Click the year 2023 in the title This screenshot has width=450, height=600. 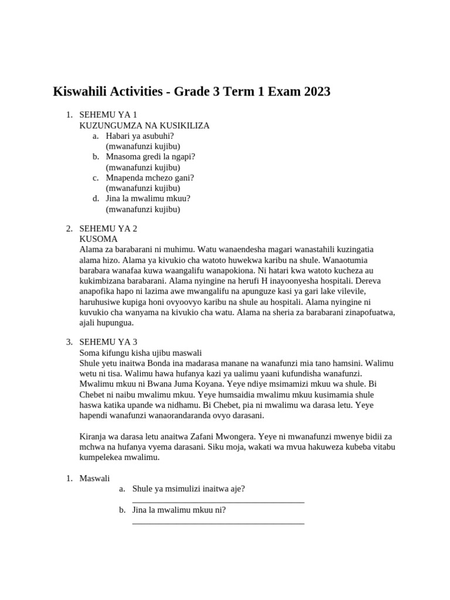[314, 91]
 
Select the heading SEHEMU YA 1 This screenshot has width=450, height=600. [108, 115]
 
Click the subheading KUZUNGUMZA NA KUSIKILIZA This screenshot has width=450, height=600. [144, 125]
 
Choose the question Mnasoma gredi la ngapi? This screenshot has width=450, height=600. [151, 156]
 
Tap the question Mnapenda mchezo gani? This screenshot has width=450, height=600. [150, 178]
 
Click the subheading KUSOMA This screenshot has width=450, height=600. [98, 239]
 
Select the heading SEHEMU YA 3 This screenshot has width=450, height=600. [108, 342]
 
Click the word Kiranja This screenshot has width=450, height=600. [93, 437]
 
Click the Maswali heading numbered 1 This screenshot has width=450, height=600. [94, 479]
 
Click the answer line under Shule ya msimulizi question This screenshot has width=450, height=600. [218, 502]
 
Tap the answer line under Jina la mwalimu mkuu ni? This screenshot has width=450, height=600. [218, 523]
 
